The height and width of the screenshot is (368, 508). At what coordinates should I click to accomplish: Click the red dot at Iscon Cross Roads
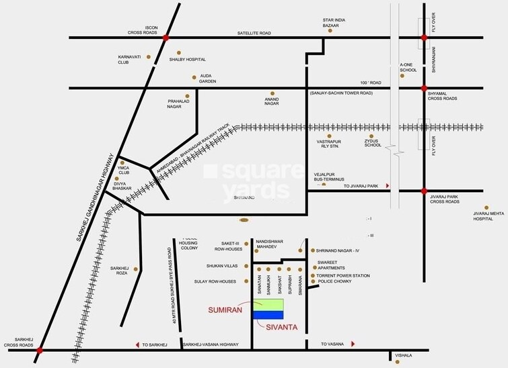[x=166, y=38]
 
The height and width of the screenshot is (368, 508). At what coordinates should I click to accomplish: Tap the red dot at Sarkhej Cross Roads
[x=40, y=350]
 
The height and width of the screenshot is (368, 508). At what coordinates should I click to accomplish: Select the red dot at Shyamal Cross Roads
[x=424, y=88]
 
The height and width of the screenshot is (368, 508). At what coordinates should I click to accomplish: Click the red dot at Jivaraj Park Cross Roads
[x=424, y=191]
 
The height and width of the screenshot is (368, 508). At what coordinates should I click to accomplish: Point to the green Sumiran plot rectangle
[x=268, y=305]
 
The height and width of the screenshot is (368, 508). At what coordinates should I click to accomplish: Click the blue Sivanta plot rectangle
[x=268, y=314]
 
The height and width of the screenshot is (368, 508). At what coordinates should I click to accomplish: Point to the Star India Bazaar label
[x=330, y=22]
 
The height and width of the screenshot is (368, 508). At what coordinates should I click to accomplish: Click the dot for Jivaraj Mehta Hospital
[x=486, y=208]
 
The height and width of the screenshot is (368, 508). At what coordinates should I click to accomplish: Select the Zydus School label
[x=371, y=144]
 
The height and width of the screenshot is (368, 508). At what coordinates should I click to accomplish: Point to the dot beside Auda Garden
[x=194, y=77]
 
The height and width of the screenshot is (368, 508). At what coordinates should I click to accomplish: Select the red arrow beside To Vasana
[x=353, y=344]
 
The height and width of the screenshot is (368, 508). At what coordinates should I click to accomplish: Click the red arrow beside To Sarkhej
[x=138, y=344]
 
